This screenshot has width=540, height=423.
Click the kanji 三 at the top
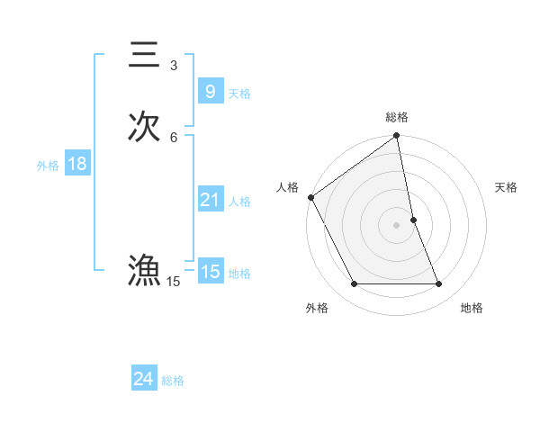[x=144, y=54]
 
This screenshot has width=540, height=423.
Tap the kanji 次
[x=144, y=126]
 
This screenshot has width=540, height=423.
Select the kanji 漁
[x=144, y=271]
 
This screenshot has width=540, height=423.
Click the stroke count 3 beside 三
[x=174, y=66]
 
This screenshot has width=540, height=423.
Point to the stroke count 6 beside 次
[x=174, y=137]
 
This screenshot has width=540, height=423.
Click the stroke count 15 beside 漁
[x=174, y=283]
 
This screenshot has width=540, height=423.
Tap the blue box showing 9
[x=210, y=92]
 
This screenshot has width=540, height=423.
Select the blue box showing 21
[x=210, y=200]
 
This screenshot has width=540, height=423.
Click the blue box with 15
[x=210, y=272]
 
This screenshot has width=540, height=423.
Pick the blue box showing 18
[x=76, y=164]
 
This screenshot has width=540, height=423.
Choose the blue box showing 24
[x=143, y=380]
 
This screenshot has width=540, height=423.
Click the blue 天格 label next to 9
[x=239, y=94]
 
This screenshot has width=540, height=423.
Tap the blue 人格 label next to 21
[x=239, y=202]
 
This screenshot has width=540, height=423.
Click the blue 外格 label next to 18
[x=48, y=166]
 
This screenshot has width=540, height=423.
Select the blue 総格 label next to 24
[x=173, y=382]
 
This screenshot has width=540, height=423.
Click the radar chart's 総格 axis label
[x=397, y=117]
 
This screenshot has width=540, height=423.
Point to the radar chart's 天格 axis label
[x=507, y=187]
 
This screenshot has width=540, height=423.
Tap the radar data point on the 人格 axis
[x=310, y=197]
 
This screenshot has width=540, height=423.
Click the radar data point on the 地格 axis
[x=439, y=284]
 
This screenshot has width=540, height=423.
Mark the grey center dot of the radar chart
[x=397, y=225]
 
